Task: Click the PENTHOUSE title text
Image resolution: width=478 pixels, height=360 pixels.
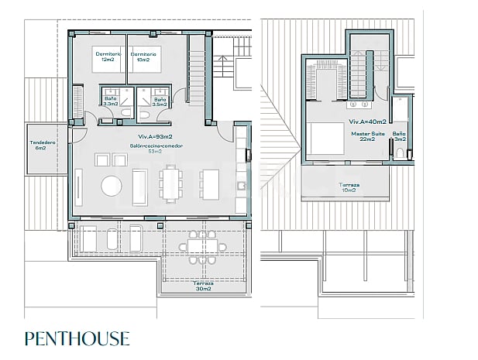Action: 77,338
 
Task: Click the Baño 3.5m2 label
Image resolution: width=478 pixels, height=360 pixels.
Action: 160,101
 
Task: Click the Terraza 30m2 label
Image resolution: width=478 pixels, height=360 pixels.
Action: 204,286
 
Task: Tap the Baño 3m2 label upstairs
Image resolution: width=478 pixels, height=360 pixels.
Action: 399,137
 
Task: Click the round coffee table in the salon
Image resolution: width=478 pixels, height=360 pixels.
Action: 113,187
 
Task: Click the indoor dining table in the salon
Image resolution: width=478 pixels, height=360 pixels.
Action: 171,186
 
